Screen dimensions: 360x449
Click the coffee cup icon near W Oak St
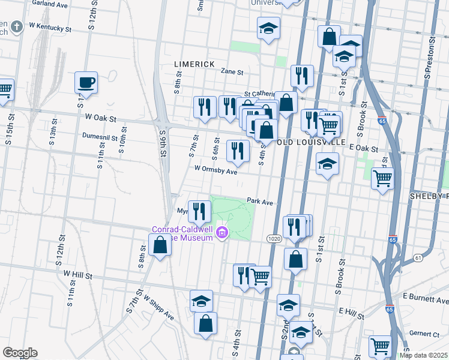click(x=86, y=83)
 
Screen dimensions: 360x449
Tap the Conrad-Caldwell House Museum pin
click(x=223, y=233)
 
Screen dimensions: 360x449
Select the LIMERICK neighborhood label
click(x=194, y=64)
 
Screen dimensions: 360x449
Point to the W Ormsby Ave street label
click(x=215, y=171)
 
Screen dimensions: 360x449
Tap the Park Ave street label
click(x=260, y=203)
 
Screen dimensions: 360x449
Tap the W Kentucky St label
click(x=49, y=28)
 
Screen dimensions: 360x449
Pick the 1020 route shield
click(x=274, y=239)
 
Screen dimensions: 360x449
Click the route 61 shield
click(x=418, y=258)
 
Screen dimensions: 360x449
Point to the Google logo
click(x=19, y=353)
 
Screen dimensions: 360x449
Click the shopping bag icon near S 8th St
click(x=160, y=245)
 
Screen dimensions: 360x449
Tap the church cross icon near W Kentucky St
click(x=16, y=26)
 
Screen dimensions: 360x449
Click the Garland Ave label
click(x=49, y=4)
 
